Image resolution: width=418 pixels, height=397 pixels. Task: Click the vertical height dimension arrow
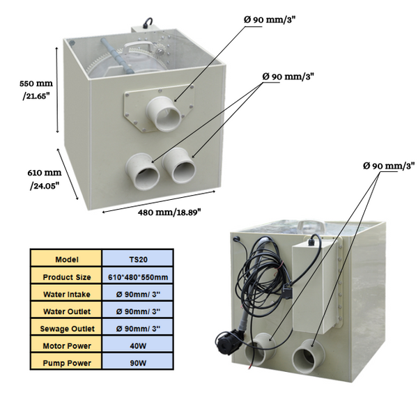coord(56,91)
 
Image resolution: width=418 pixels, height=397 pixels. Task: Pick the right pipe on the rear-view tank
coord(307,357)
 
